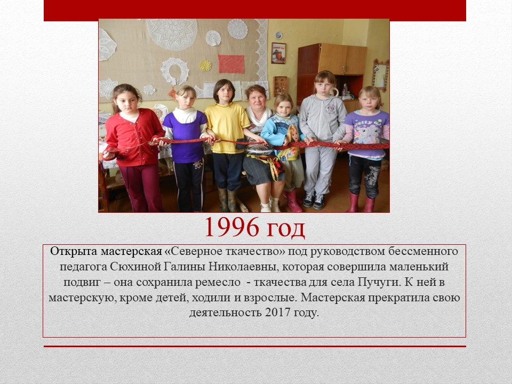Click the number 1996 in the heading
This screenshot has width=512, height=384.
tap(232, 227)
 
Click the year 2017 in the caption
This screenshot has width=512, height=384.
tap(277, 313)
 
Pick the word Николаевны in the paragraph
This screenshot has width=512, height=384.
tap(243, 267)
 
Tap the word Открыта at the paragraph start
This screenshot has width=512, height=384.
tap(74, 251)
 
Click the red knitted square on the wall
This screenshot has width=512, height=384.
tap(231, 64)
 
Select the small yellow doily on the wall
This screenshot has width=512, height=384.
tap(205, 65)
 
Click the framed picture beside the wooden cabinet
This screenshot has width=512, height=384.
tap(278, 53)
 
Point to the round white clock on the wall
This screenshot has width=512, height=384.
tap(278, 35)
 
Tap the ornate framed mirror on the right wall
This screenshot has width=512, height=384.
tap(381, 75)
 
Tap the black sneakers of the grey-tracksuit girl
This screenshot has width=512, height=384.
tap(314, 200)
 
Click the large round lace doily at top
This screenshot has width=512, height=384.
tap(172, 34)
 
